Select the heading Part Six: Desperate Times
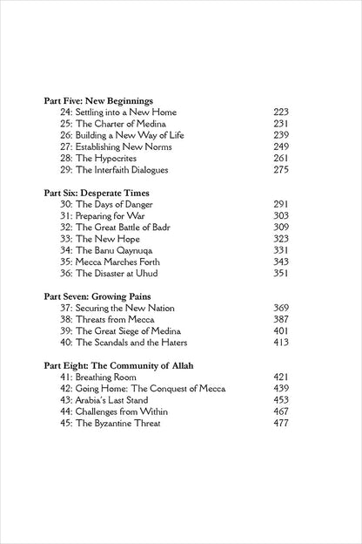point(97,191)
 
